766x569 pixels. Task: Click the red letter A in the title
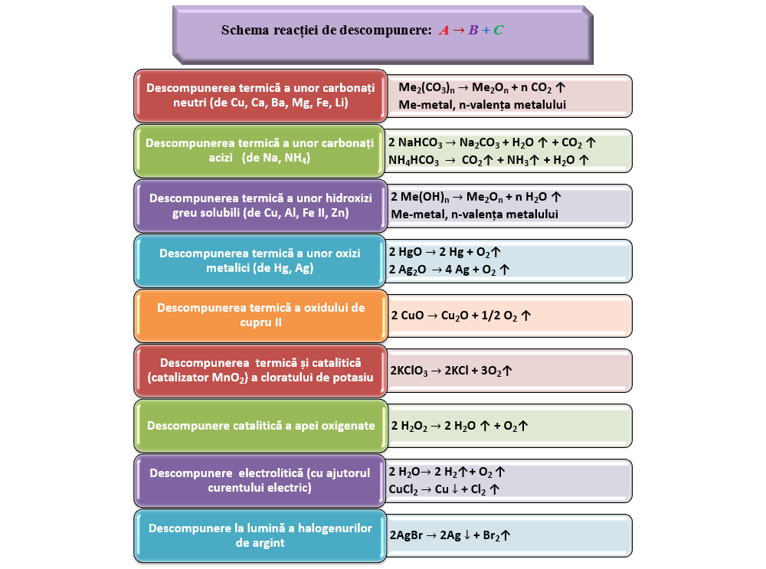(x=444, y=31)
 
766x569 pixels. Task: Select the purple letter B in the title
(x=473, y=31)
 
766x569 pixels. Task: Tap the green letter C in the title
(x=499, y=31)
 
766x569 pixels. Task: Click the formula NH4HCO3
(x=414, y=161)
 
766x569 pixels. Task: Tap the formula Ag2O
(x=416, y=270)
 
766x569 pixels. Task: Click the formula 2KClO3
(x=412, y=371)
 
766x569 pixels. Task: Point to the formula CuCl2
(x=404, y=489)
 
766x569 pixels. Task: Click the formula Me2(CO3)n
(x=427, y=87)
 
